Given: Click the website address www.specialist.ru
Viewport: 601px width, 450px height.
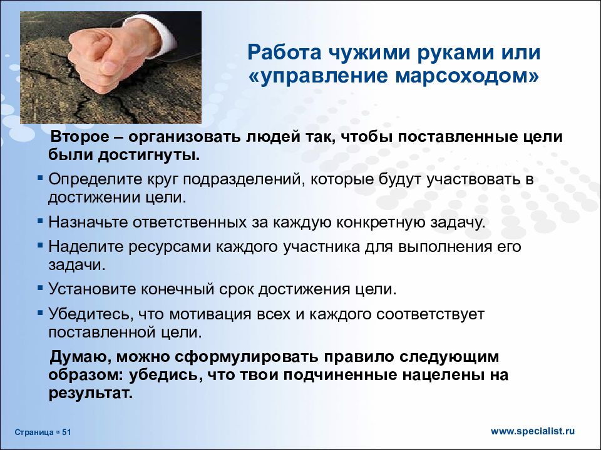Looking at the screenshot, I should [x=532, y=431].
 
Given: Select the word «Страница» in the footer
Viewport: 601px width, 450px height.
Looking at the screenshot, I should [x=34, y=432].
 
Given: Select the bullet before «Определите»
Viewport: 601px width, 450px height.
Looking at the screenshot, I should [x=40, y=178].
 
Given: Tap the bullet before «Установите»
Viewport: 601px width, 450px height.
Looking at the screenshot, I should [x=40, y=289].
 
